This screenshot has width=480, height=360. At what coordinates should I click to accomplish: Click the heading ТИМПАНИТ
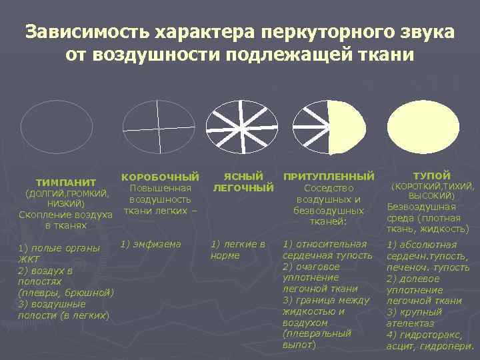66,182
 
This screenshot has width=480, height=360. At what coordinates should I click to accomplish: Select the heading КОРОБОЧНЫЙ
160,177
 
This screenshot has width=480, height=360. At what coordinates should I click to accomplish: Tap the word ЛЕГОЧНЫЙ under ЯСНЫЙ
243,188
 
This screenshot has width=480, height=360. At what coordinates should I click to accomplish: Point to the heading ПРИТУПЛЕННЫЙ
329,177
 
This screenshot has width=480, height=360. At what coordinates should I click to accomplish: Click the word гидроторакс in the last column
425,335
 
